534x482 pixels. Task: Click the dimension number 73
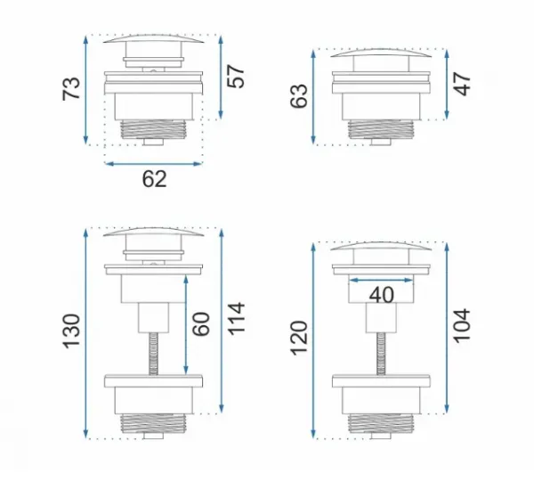(x=71, y=89)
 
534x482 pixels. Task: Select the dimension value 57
(x=236, y=77)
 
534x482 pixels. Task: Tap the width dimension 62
(x=154, y=179)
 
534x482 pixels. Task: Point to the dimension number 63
(x=299, y=96)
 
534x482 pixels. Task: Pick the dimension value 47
(x=462, y=84)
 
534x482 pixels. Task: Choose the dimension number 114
(x=236, y=319)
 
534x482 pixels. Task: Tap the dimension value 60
(x=201, y=323)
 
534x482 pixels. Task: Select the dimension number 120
(x=299, y=339)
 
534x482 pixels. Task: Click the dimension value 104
(x=462, y=326)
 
